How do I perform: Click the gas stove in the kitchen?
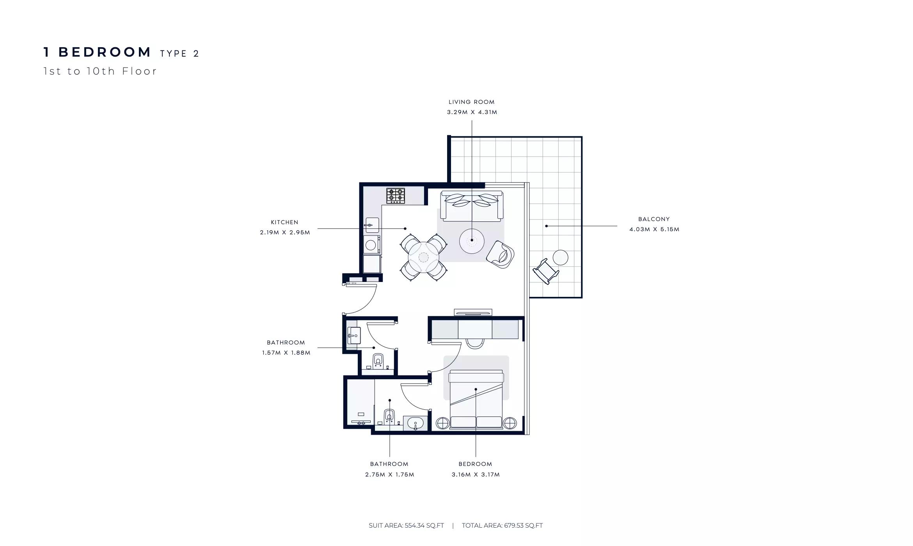396,196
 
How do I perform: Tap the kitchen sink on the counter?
372,225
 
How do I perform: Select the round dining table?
423,257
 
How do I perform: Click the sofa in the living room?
471,206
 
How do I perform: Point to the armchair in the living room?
500,254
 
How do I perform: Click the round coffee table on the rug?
472,241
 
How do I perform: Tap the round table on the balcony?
560,257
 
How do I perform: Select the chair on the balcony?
546,271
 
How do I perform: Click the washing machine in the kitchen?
372,244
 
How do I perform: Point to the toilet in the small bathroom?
378,360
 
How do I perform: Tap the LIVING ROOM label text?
471,102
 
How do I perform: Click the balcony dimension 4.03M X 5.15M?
654,229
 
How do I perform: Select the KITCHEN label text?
284,222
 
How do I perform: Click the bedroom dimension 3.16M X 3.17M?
476,475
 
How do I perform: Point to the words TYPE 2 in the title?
179,54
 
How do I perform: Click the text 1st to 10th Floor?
100,71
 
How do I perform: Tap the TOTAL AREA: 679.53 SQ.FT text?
502,525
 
